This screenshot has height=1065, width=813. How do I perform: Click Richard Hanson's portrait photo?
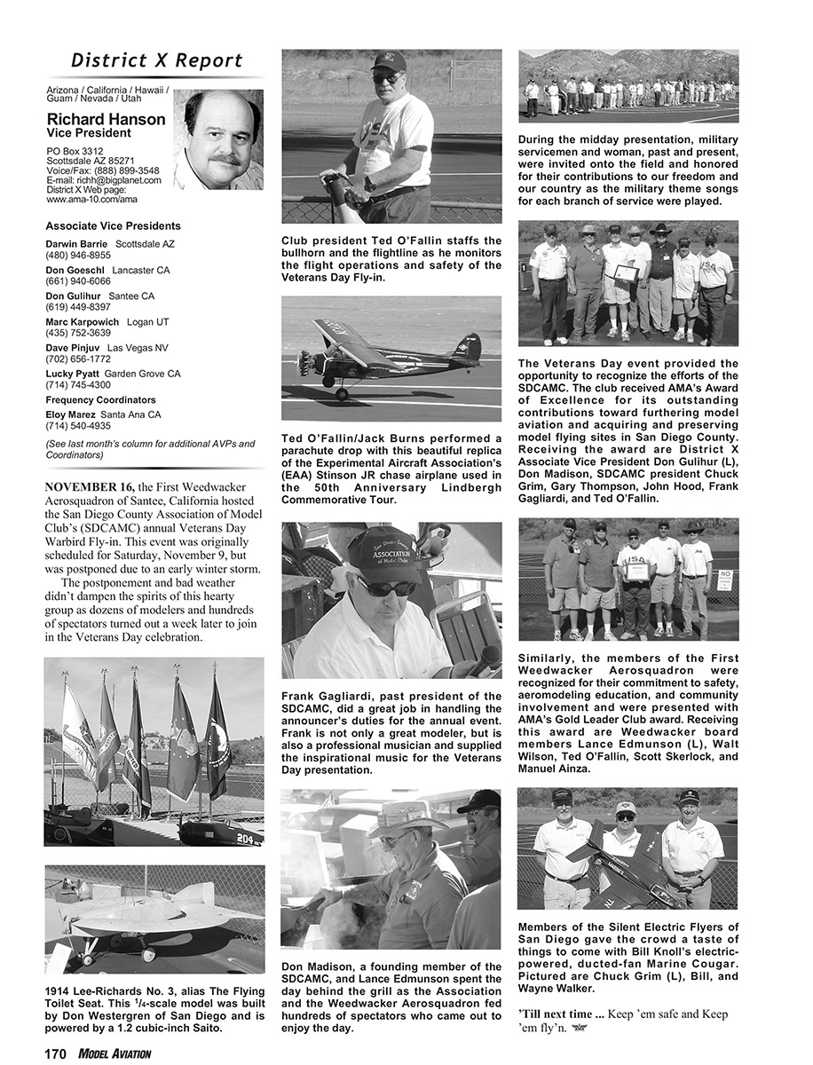(x=218, y=139)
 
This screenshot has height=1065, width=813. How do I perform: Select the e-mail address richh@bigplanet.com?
(x=104, y=180)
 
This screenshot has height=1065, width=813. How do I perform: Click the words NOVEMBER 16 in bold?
(x=89, y=487)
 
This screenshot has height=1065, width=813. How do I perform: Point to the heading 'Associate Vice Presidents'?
(x=113, y=226)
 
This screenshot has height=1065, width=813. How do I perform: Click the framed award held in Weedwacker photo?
(x=637, y=571)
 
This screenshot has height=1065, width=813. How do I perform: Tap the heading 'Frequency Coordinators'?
(x=100, y=400)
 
